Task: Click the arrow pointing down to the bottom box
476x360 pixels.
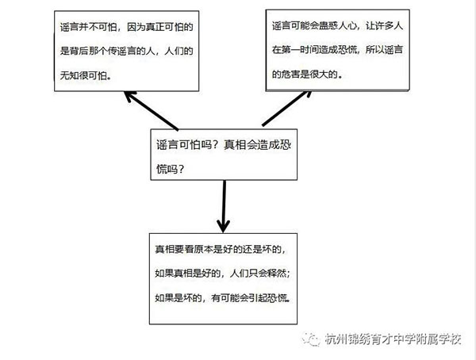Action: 224,206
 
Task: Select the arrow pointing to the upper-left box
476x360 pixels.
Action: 152,110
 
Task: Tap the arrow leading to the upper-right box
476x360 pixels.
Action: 287,109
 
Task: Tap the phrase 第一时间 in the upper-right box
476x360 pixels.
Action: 300,50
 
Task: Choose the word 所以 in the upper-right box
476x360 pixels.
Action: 374,50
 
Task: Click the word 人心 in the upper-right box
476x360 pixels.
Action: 347,26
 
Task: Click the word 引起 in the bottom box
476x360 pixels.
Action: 258,298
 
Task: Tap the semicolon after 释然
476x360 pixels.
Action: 288,274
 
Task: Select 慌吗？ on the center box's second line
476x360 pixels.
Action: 171,169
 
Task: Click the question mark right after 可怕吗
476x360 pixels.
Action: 216,145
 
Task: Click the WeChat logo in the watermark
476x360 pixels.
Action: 310,339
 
